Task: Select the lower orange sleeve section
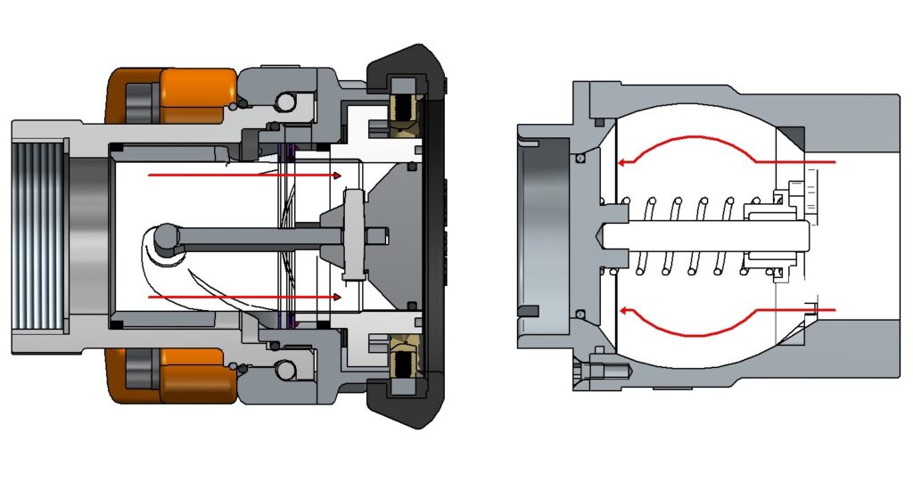pos(196,373)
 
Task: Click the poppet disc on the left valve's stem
pos(354,235)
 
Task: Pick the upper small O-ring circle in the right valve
pos(581,158)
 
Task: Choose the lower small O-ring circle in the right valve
pos(581,314)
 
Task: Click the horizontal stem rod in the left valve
pos(259,236)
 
